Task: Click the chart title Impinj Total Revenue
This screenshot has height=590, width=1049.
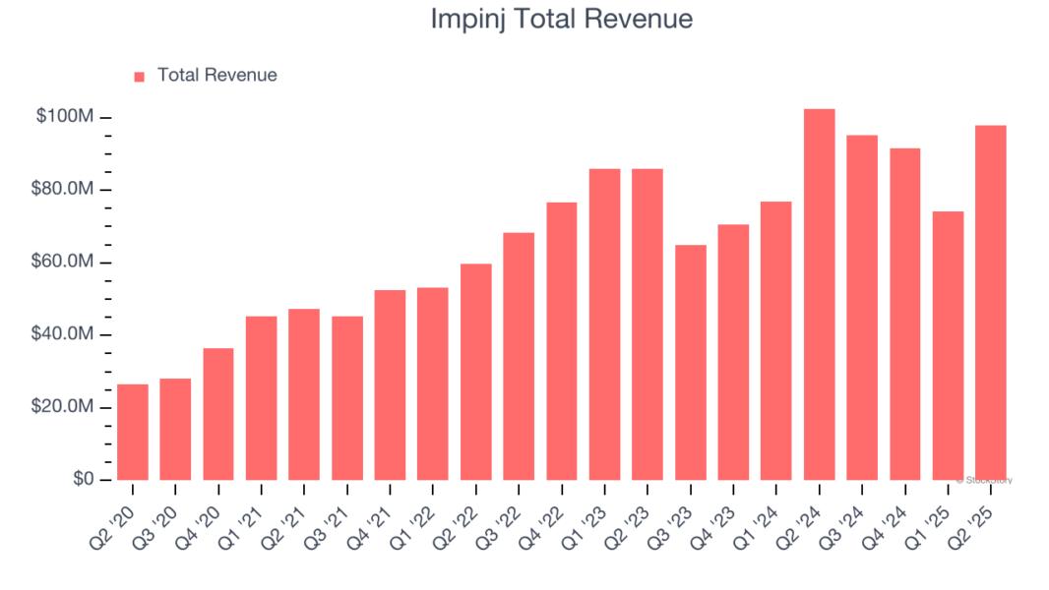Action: [561, 19]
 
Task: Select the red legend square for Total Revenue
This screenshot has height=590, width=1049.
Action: [139, 76]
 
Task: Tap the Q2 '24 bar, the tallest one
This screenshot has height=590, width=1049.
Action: [819, 295]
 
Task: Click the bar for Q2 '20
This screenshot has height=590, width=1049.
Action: [132, 433]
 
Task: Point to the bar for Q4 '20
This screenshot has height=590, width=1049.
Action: [218, 414]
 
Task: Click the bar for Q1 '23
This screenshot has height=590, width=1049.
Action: [604, 324]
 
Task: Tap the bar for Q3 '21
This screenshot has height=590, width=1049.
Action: [346, 398]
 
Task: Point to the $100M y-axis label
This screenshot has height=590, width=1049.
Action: [65, 117]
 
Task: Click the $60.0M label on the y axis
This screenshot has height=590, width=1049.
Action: [61, 263]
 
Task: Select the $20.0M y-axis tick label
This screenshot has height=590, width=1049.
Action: [61, 407]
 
